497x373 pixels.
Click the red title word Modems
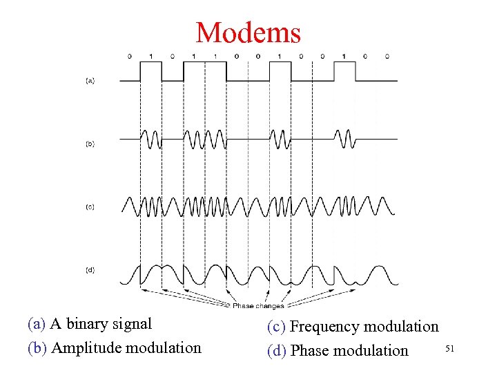pyautogui.click(x=248, y=32)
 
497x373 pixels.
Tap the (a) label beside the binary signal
pyautogui.click(x=90, y=81)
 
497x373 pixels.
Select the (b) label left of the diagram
pyautogui.click(x=90, y=144)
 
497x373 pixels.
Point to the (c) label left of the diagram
pyautogui.click(x=90, y=207)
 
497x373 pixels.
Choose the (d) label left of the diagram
pyautogui.click(x=90, y=270)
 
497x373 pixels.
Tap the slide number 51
pyautogui.click(x=450, y=350)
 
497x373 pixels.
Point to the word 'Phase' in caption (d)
pyautogui.click(x=311, y=350)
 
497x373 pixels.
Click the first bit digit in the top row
pyautogui.click(x=130, y=55)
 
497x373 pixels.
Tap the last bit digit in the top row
pyautogui.click(x=387, y=55)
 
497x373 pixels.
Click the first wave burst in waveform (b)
pyautogui.click(x=151, y=140)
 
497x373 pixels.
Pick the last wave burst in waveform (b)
pyautogui.click(x=344, y=140)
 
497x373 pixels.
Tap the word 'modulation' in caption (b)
pyautogui.click(x=160, y=347)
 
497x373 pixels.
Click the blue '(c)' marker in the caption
pyautogui.click(x=277, y=326)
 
